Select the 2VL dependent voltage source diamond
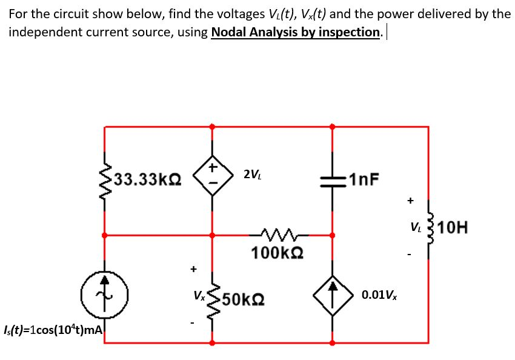pyautogui.click(x=212, y=176)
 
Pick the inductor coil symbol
pyautogui.click(x=430, y=228)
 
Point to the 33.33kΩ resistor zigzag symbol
pyautogui.click(x=104, y=179)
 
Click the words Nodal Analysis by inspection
pyautogui.click(x=296, y=32)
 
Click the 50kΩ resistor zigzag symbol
pyautogui.click(x=212, y=299)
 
